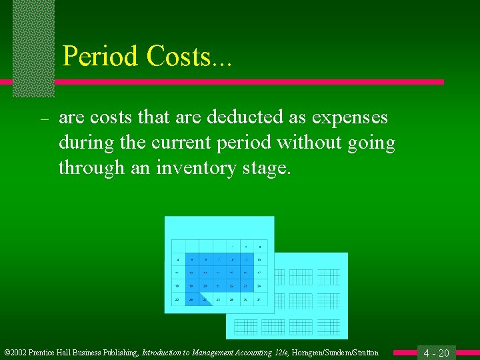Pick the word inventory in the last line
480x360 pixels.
click(195, 168)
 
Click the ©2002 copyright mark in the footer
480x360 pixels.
click(16, 353)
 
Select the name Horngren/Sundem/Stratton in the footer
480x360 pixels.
click(335, 353)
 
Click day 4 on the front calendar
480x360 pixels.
click(178, 259)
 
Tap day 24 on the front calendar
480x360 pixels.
click(259, 286)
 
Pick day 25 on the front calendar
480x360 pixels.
click(178, 299)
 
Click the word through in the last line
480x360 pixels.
click(83, 168)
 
